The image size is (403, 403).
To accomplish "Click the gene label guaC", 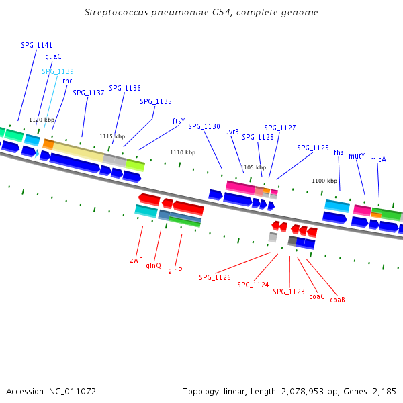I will click(53, 57).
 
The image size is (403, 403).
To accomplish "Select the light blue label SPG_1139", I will click(58, 71).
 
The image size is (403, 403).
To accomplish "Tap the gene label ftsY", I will click(178, 122).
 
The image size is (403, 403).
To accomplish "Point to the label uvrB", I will click(232, 132).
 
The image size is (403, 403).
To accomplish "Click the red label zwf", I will click(136, 260).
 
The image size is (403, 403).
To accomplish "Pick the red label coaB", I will click(337, 300).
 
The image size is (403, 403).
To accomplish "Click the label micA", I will click(378, 160).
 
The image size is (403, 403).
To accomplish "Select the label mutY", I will click(357, 156).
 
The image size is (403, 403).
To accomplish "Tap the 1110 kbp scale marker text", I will click(183, 152).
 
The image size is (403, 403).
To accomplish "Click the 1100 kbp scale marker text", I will click(324, 181).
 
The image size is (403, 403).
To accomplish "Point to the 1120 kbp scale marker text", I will click(42, 120).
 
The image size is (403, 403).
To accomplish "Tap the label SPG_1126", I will click(215, 277).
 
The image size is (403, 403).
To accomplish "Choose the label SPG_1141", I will click(36, 45).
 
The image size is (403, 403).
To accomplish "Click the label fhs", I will click(339, 152).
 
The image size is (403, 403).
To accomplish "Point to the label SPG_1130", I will click(204, 126).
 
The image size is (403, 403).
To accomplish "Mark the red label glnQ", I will click(154, 266).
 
